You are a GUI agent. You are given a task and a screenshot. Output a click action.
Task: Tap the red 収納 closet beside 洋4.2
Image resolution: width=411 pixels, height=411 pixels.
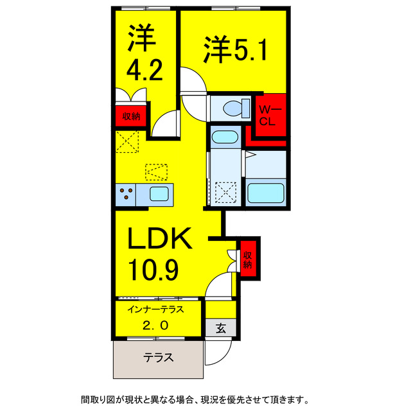pyautogui.click(x=131, y=117)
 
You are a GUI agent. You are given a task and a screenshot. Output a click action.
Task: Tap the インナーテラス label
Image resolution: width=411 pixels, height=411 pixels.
pyautogui.click(x=157, y=309)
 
